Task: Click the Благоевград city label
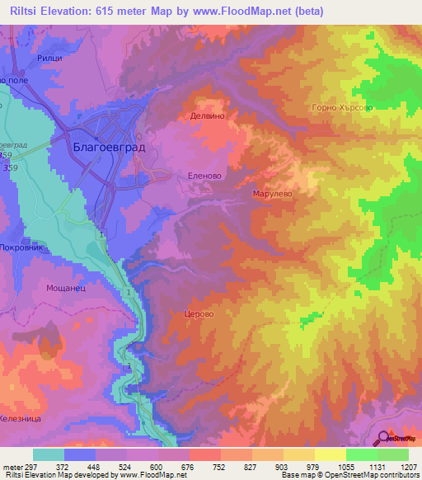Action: click(109, 147)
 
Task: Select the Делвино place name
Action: click(207, 117)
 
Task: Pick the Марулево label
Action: click(272, 194)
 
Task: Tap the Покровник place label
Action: click(25, 247)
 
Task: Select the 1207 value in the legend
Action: click(407, 466)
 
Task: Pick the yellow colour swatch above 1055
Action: click(330, 454)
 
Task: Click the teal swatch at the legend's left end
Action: click(49, 454)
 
